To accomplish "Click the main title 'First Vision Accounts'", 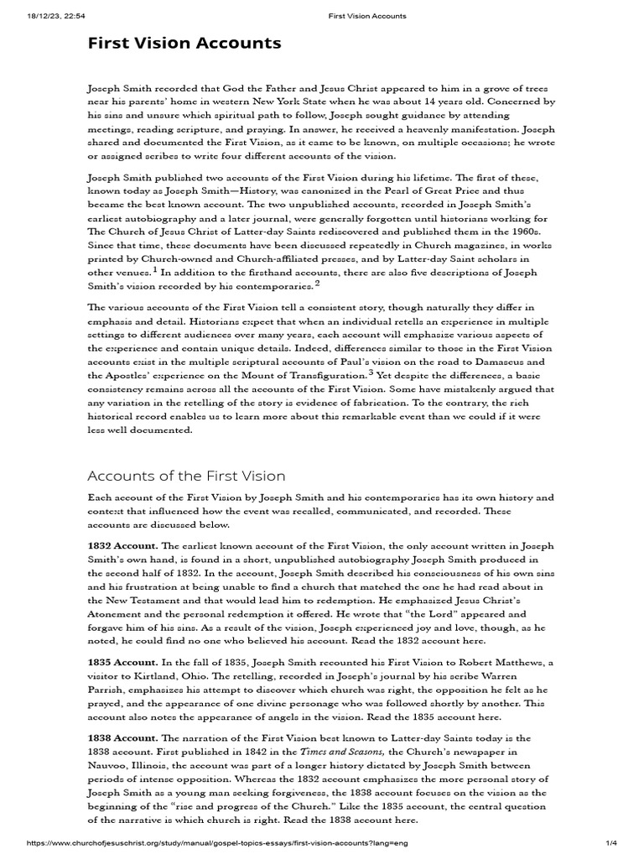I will [x=184, y=44].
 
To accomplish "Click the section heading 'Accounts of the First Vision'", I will [x=186, y=476].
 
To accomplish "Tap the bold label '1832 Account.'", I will [x=122, y=545].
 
